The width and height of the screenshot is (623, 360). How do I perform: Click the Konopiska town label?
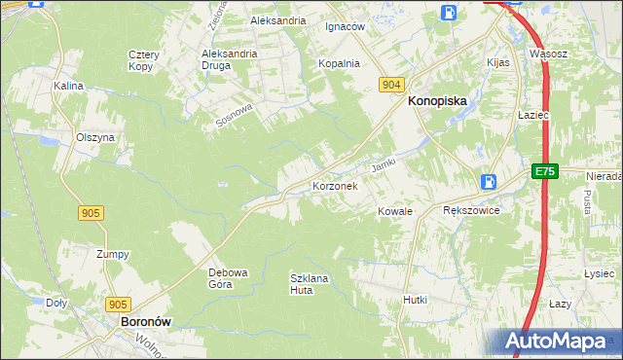pos(437,100)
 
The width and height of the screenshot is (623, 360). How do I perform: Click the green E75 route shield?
pos(544,171)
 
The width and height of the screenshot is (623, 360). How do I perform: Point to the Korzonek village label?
pos(335,185)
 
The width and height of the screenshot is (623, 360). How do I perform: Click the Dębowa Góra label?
pos(229,278)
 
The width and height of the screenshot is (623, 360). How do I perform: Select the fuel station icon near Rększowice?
pos(489,182)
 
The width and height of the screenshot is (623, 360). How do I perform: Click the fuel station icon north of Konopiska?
pos(448,12)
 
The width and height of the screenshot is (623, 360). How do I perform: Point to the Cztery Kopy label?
pos(144,60)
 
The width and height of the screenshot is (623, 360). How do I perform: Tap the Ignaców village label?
pos(345,26)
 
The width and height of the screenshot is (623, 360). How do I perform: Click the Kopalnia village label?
pos(339,63)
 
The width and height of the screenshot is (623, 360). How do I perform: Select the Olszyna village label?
pos(95,137)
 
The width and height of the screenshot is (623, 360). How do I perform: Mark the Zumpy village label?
pos(113,254)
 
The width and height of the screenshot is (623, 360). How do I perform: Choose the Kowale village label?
pos(396,210)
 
